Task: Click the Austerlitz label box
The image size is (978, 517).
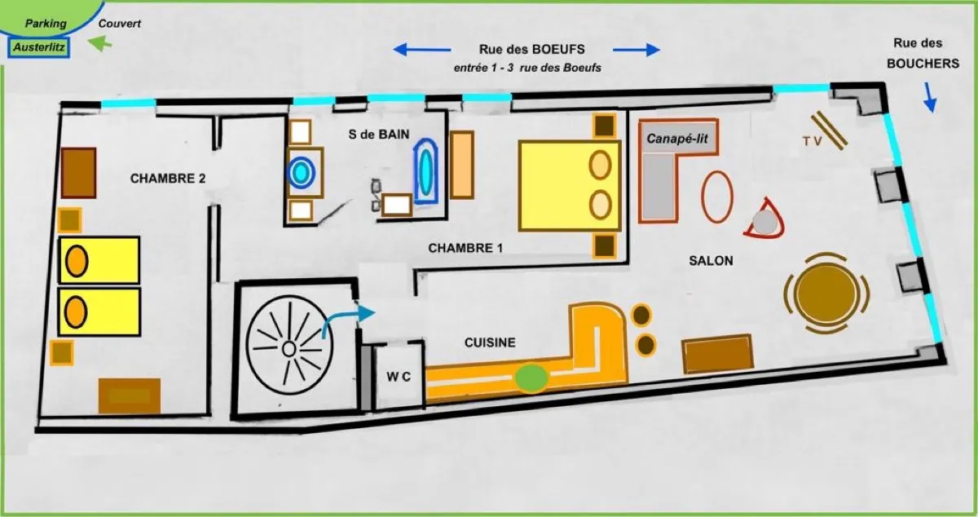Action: tap(39, 47)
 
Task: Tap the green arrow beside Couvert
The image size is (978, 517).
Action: tap(100, 44)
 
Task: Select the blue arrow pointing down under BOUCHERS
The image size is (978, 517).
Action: tap(929, 97)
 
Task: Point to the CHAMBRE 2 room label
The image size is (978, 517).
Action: tap(168, 179)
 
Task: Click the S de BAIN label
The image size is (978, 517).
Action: tap(379, 135)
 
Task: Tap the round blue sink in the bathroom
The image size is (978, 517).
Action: tap(301, 173)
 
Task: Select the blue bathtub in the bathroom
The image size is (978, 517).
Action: tap(425, 171)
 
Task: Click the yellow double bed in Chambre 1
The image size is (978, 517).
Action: tap(570, 186)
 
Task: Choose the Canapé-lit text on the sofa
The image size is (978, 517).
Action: tap(677, 139)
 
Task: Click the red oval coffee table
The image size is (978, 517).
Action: tap(717, 197)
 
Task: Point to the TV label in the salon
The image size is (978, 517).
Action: tap(812, 141)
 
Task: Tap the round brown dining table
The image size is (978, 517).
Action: tap(826, 294)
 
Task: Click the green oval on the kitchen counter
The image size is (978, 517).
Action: tap(531, 378)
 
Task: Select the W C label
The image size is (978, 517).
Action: tap(399, 377)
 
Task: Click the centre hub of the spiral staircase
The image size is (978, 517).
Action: tap(289, 349)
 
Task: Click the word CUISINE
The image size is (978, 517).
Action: tap(490, 342)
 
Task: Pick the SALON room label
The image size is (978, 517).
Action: tap(711, 261)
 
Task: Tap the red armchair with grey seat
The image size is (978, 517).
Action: tap(765, 221)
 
